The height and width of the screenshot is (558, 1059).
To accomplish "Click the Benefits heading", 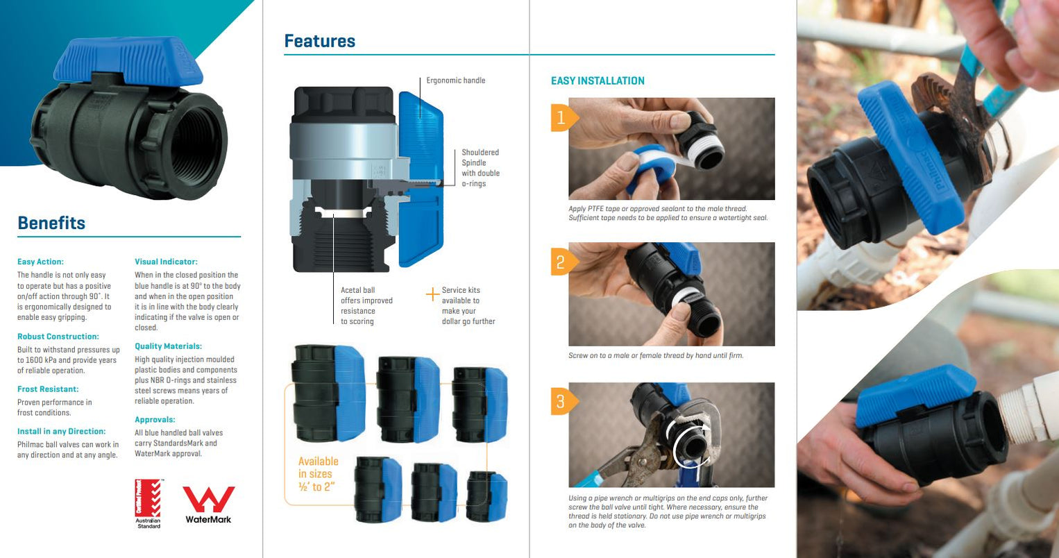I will [51, 223].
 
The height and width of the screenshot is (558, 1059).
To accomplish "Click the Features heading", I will [319, 41].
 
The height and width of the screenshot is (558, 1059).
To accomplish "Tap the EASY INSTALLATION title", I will [598, 81].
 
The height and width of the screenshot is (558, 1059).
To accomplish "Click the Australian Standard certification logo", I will [148, 503].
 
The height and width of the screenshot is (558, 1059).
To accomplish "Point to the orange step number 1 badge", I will [561, 117].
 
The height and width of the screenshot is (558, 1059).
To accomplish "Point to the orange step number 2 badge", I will [561, 262].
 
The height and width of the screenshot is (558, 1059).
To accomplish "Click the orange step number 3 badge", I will [561, 400].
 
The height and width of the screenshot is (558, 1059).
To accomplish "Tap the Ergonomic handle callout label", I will [455, 81].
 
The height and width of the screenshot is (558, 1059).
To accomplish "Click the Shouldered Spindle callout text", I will [480, 168].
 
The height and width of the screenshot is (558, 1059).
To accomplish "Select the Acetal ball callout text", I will [366, 306].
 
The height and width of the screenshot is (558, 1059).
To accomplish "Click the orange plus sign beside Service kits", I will [432, 294].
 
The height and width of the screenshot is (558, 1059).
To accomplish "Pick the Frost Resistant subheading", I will [48, 389].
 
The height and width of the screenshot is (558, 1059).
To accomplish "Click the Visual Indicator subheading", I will [166, 262].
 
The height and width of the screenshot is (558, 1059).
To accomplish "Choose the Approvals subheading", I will [155, 420].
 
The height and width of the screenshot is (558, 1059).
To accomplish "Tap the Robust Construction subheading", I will [58, 337].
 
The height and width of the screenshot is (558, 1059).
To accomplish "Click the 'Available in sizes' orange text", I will [318, 474].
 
